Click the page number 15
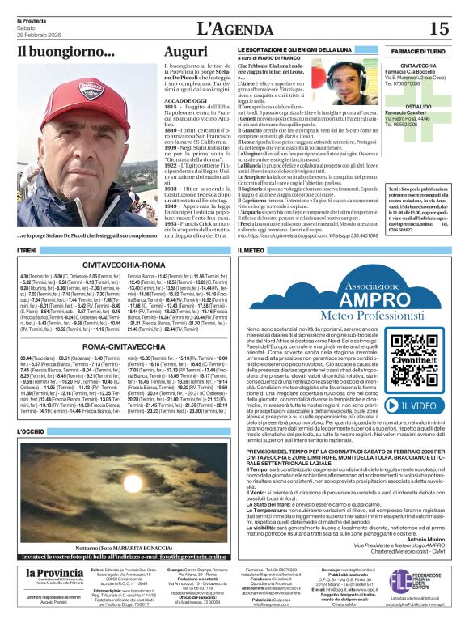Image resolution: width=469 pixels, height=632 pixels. click(438, 29)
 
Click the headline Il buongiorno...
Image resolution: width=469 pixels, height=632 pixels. click(55, 52)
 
